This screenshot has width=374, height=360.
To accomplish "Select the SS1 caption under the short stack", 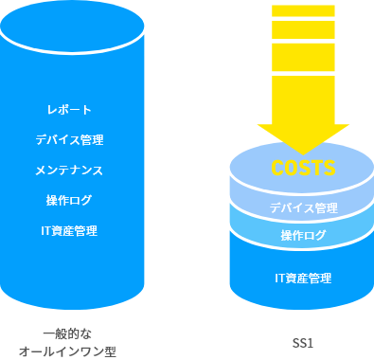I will click(x=303, y=342).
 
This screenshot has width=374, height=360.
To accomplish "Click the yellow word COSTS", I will click(x=303, y=169).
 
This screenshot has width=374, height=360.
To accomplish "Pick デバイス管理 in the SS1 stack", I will click(x=303, y=207).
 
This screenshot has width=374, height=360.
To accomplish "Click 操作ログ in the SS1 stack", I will click(x=303, y=235).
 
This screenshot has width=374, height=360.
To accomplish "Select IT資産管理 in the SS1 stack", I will click(x=303, y=279).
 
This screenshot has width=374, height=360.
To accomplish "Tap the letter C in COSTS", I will click(x=277, y=169).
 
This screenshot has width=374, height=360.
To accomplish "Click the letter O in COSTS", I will click(x=291, y=169).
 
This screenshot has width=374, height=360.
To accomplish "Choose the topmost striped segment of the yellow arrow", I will click(x=303, y=11).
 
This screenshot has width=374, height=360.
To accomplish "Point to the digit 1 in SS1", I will click(x=312, y=342).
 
